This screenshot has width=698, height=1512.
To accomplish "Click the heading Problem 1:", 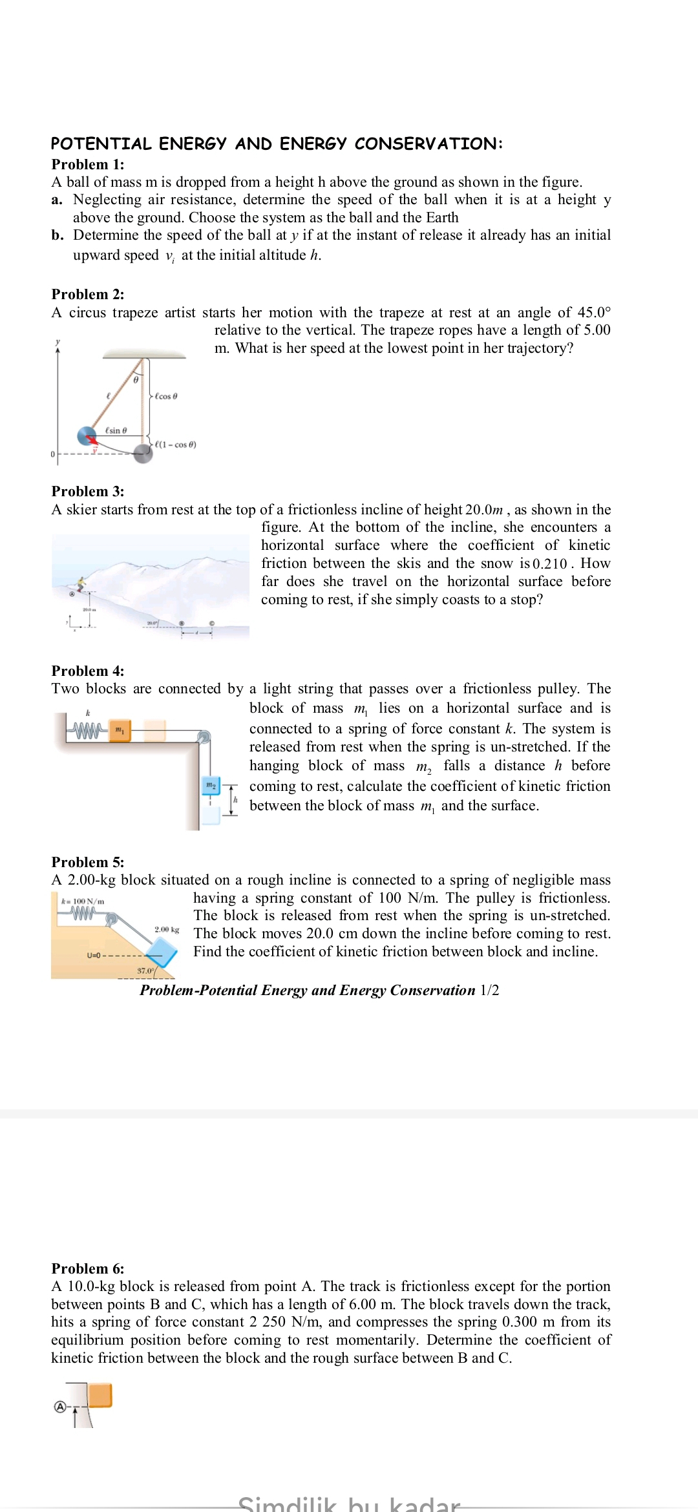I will click(88, 164).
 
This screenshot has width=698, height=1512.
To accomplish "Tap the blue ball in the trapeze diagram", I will click(87, 436).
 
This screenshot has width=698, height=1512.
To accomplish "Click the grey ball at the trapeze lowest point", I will click(143, 452).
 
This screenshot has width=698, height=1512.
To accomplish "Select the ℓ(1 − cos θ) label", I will click(175, 445).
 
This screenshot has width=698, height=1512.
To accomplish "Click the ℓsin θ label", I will click(116, 430).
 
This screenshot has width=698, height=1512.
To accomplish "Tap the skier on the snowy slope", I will click(81, 585).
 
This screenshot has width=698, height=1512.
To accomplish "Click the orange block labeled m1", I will click(120, 730).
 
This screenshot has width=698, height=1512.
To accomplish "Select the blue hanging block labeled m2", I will click(211, 785).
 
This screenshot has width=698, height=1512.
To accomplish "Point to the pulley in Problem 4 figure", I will click(204, 737).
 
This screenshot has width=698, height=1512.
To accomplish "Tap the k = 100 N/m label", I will click(83, 901).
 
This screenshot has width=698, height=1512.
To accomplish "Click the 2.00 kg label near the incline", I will click(167, 929).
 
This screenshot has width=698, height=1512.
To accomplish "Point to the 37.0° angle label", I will click(145, 971).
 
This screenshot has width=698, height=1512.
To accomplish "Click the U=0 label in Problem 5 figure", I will click(94, 955).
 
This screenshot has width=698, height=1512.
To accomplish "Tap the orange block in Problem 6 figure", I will click(100, 1395).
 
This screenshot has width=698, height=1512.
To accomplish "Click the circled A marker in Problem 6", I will click(60, 1407).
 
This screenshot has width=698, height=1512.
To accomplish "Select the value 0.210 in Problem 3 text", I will click(550, 563).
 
